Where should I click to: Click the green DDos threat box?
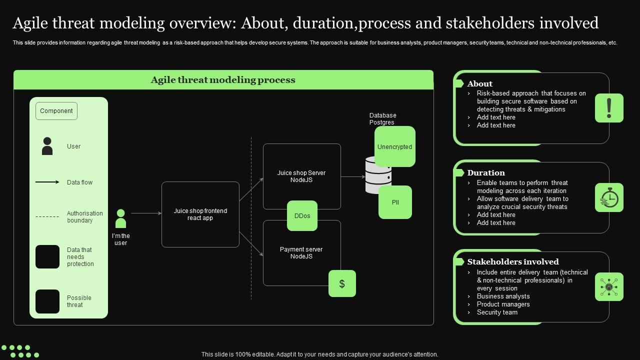pyautogui.click(x=302, y=215)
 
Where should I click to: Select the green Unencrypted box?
pyautogui.click(x=395, y=146)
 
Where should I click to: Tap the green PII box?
pyautogui.click(x=395, y=202)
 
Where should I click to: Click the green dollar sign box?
pyautogui.click(x=342, y=283)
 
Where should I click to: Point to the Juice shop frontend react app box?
pyautogui.click(x=200, y=214)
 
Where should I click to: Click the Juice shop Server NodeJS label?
pyautogui.click(x=301, y=176)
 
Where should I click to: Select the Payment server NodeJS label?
pyautogui.click(x=301, y=253)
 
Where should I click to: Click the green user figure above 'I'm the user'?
pyautogui.click(x=120, y=218)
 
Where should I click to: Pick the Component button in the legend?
pyautogui.click(x=56, y=111)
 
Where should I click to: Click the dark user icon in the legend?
pyautogui.click(x=47, y=146)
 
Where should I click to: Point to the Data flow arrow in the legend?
pyautogui.click(x=47, y=182)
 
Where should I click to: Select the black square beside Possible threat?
pyautogui.click(x=47, y=301)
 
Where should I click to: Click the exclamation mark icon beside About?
pyautogui.click(x=609, y=108)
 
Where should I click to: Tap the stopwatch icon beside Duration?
pyautogui.click(x=609, y=197)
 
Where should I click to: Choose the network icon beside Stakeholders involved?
pyautogui.click(x=609, y=286)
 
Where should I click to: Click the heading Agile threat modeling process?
pyautogui.click(x=223, y=80)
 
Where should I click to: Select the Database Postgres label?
pyautogui.click(x=382, y=119)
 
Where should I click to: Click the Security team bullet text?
pyautogui.click(x=497, y=312)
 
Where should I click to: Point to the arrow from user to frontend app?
pyautogui.click(x=146, y=213)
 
